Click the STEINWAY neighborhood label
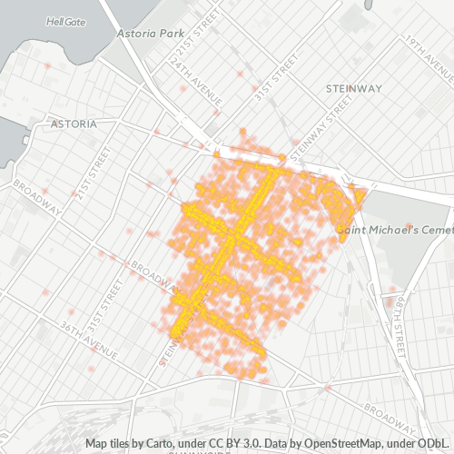pyautogui.click(x=353, y=88)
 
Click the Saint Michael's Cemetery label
pyautogui.click(x=394, y=229)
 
